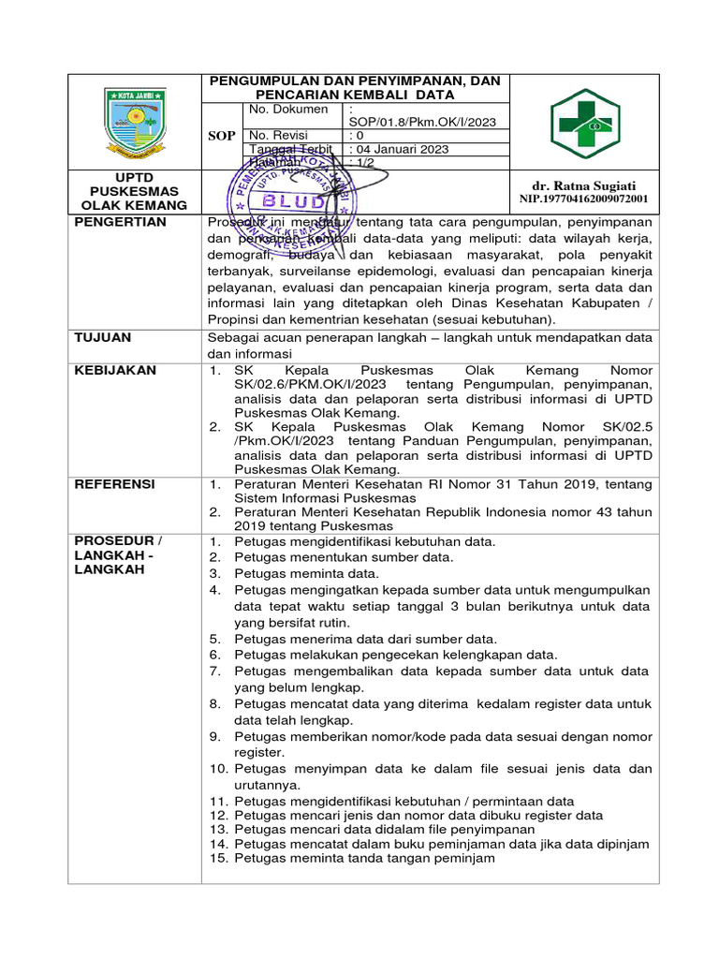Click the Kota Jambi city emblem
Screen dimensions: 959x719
click(x=135, y=122)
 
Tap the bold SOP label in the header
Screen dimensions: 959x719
click(x=221, y=136)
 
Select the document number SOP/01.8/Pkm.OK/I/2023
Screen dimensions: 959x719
click(x=421, y=122)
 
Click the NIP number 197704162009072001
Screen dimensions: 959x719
click(x=583, y=199)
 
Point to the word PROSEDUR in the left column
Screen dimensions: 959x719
click(x=113, y=541)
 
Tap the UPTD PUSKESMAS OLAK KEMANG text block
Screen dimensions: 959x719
click(x=134, y=191)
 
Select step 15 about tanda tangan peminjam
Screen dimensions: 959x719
click(x=363, y=857)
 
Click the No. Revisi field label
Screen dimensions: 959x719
click(x=278, y=136)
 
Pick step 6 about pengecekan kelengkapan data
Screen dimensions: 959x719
click(x=395, y=655)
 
